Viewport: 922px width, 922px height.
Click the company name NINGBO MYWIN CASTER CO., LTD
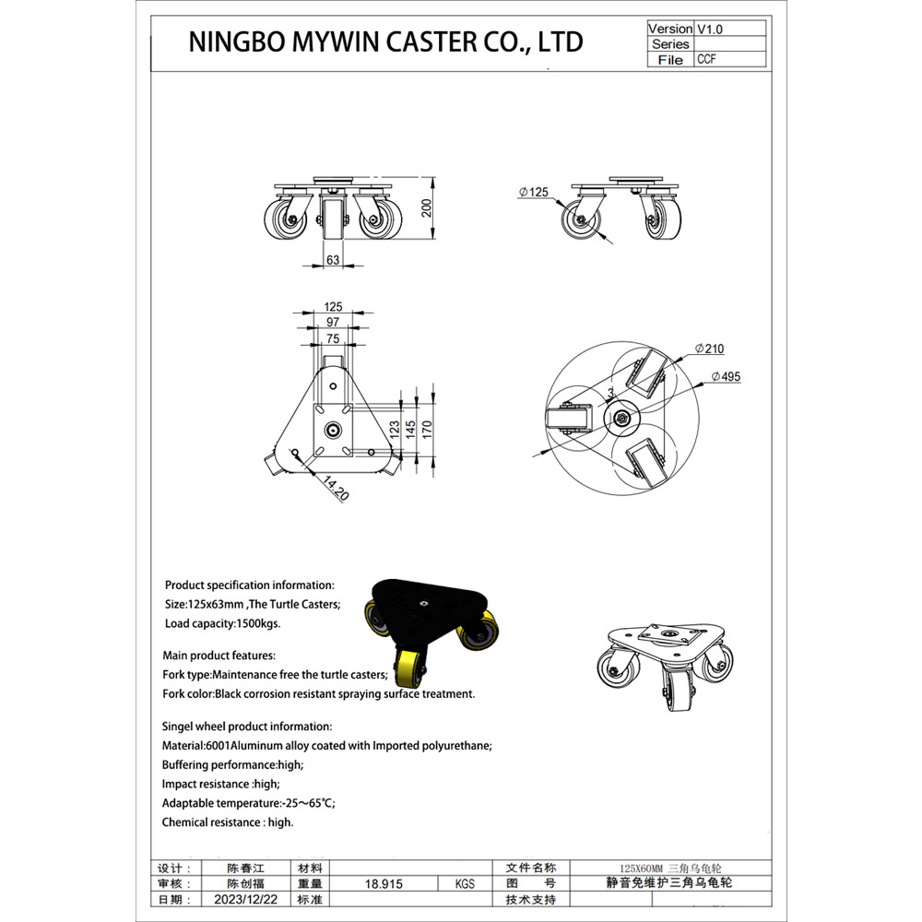click(x=385, y=41)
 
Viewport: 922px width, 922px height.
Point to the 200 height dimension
click(x=427, y=208)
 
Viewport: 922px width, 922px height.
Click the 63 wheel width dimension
click(x=333, y=260)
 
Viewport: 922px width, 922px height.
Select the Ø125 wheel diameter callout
click(x=533, y=193)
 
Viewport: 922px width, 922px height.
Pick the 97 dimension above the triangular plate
click(x=333, y=322)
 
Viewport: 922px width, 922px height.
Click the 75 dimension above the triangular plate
click(x=333, y=338)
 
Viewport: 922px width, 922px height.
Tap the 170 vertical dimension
click(x=428, y=428)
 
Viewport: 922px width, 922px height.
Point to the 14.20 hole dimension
click(x=336, y=488)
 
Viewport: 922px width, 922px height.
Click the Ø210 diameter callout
click(x=709, y=349)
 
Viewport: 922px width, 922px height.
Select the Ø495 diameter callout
click(x=726, y=377)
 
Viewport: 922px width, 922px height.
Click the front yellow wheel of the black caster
click(x=411, y=667)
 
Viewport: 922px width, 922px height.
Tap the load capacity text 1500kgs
click(x=257, y=623)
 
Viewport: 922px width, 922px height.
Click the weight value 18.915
click(x=384, y=884)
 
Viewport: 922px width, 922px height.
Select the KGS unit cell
click(x=465, y=884)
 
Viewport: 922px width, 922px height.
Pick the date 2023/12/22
click(x=246, y=900)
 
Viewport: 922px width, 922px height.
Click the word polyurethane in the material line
click(x=457, y=746)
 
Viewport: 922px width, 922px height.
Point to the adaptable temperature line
click(x=249, y=803)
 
